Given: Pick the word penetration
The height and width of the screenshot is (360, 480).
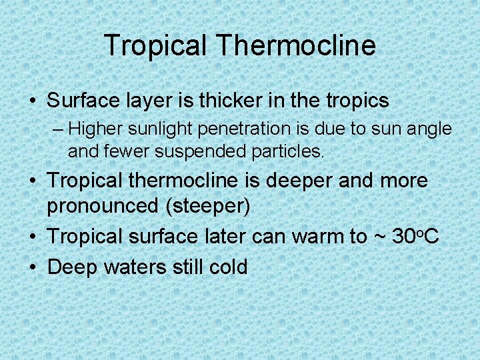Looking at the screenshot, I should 240,128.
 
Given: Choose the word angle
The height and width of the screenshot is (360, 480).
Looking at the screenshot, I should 429,128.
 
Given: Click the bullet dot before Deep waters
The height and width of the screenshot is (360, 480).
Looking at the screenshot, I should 33,267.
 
